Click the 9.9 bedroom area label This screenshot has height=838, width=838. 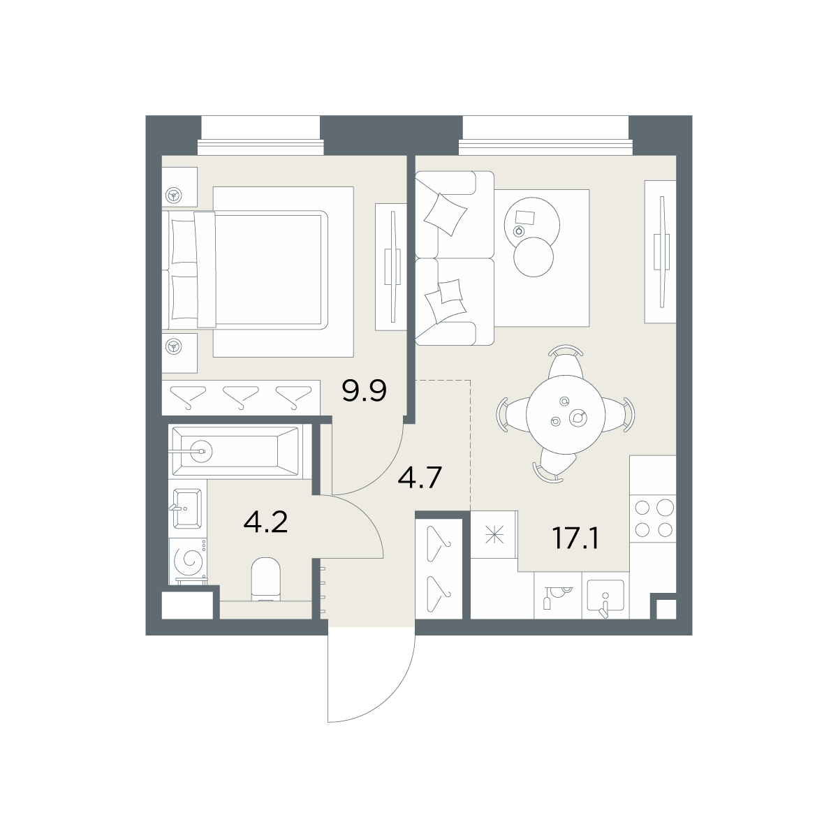(364, 390)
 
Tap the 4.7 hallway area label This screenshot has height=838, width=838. (420, 477)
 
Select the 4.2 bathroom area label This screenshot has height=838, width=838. (265, 522)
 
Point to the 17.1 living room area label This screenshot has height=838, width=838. (575, 538)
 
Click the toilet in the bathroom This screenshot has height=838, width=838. (265, 579)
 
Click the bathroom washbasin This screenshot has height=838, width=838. (187, 508)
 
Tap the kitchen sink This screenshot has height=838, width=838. (605, 596)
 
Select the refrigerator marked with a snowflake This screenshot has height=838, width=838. (494, 534)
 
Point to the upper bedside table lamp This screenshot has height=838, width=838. (174, 196)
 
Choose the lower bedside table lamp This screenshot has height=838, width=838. (174, 346)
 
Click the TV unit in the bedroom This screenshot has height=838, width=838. (391, 267)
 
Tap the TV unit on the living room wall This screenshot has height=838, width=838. (660, 252)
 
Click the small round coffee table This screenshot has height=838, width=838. (533, 257)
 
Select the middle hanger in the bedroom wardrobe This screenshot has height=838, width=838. (241, 397)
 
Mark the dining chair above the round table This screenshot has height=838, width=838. (566, 362)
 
